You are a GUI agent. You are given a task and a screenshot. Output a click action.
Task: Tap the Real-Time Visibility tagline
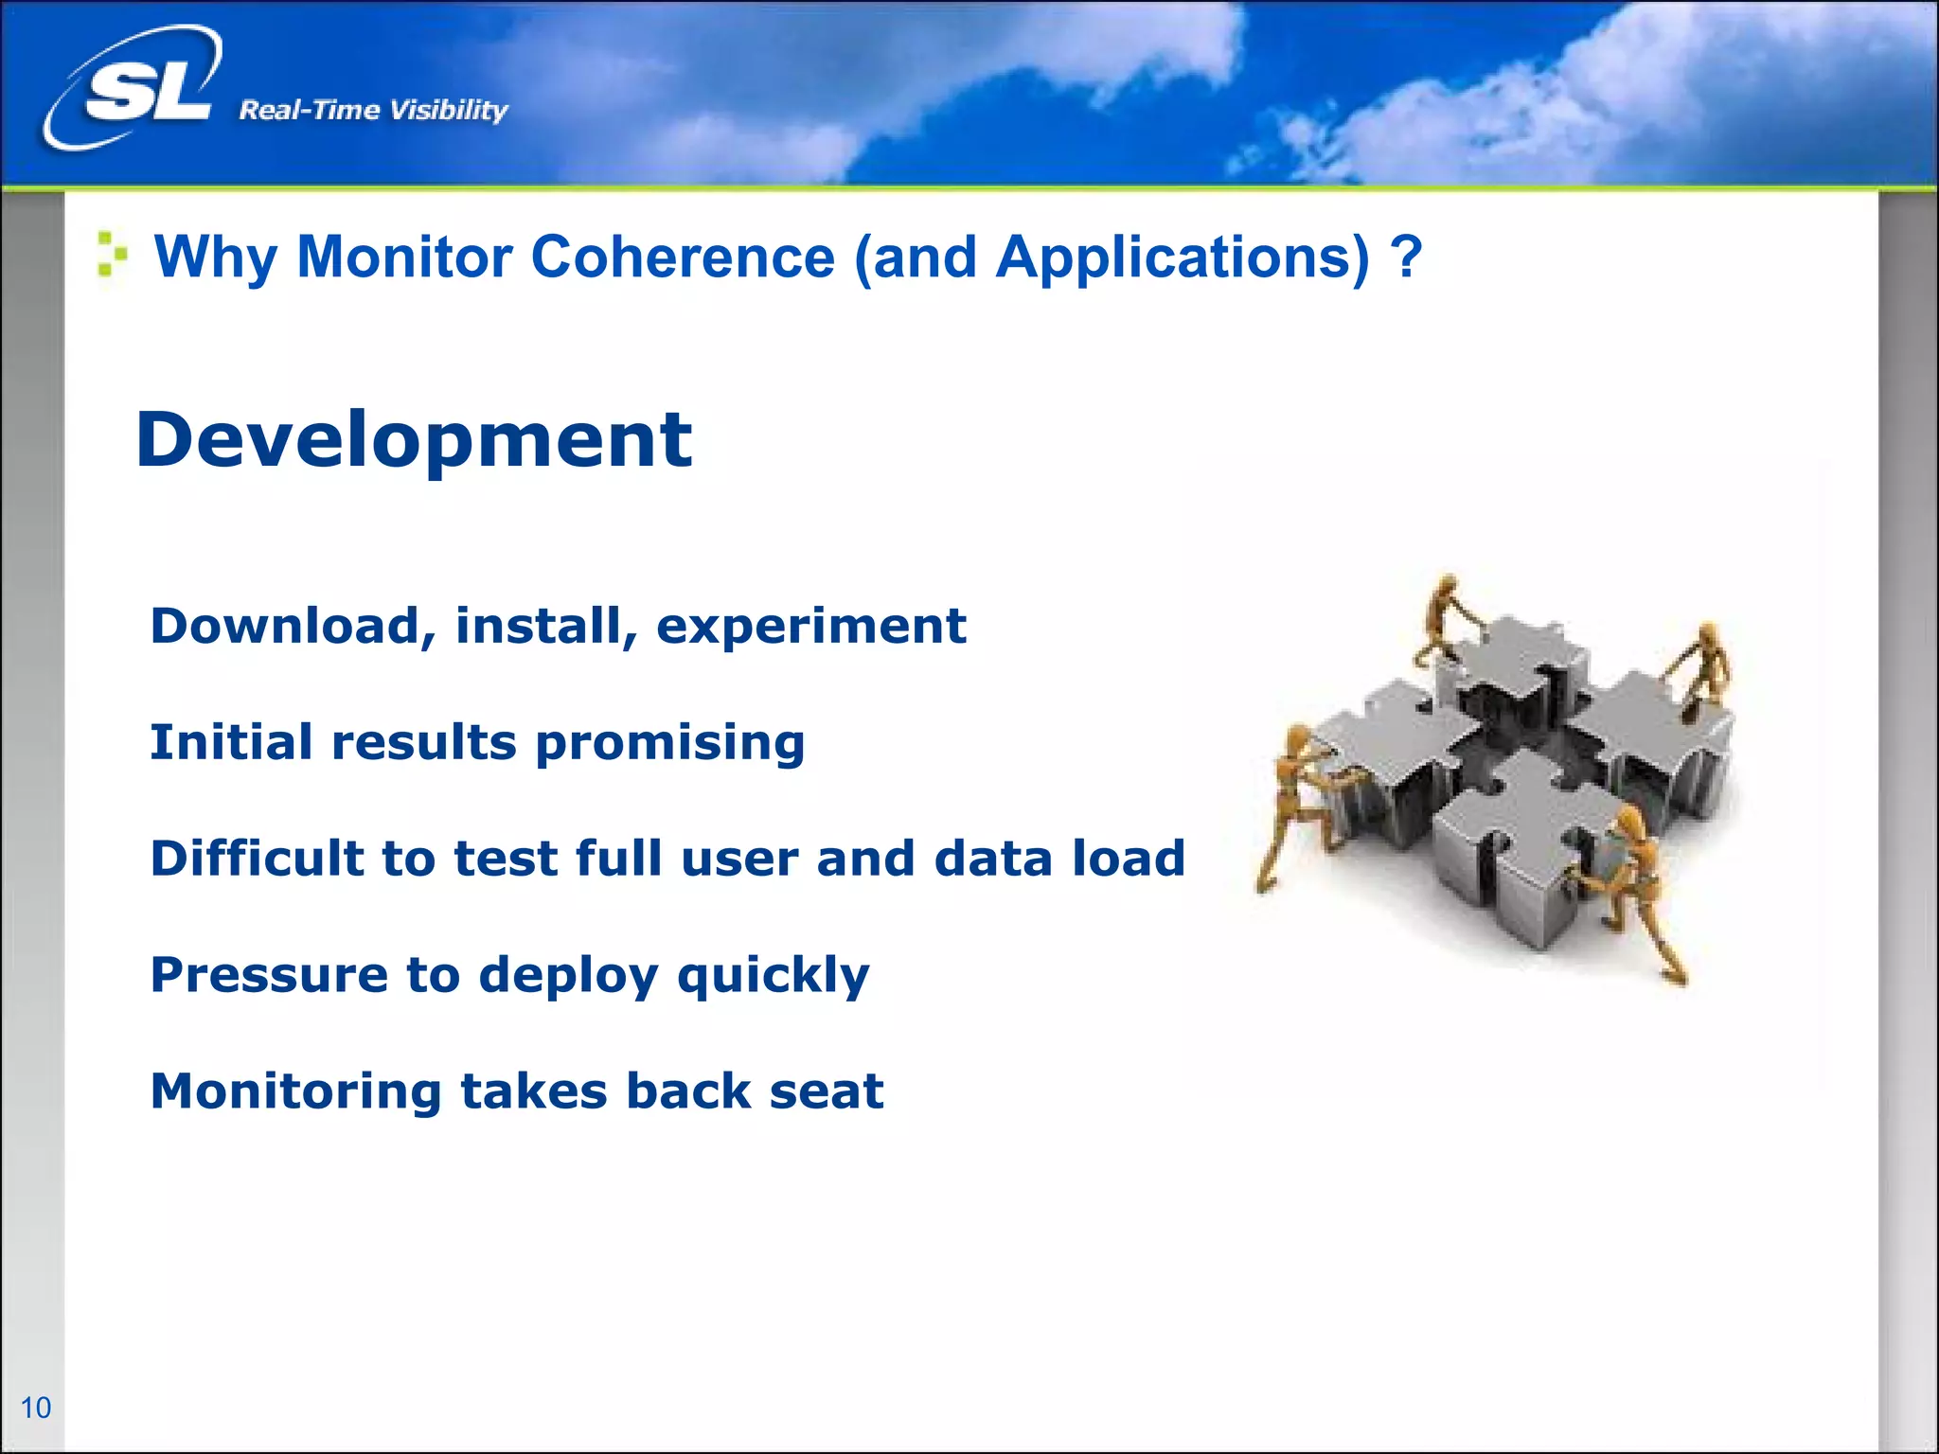pos(373,111)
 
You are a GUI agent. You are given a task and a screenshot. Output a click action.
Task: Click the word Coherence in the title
pos(683,257)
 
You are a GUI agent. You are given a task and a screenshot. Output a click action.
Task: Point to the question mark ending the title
pos(1407,257)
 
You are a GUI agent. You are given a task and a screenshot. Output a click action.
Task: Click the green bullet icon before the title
pos(112,255)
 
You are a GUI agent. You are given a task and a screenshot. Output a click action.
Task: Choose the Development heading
pos(414,440)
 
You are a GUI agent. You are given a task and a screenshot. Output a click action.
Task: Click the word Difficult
pos(257,859)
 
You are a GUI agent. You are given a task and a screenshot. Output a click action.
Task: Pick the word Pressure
pos(269,975)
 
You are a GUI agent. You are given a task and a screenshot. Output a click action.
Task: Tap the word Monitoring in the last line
pos(295,1091)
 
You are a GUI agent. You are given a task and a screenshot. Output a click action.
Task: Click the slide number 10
pos(36,1408)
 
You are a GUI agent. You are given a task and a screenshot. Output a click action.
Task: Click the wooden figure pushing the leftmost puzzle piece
pos(1296,805)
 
